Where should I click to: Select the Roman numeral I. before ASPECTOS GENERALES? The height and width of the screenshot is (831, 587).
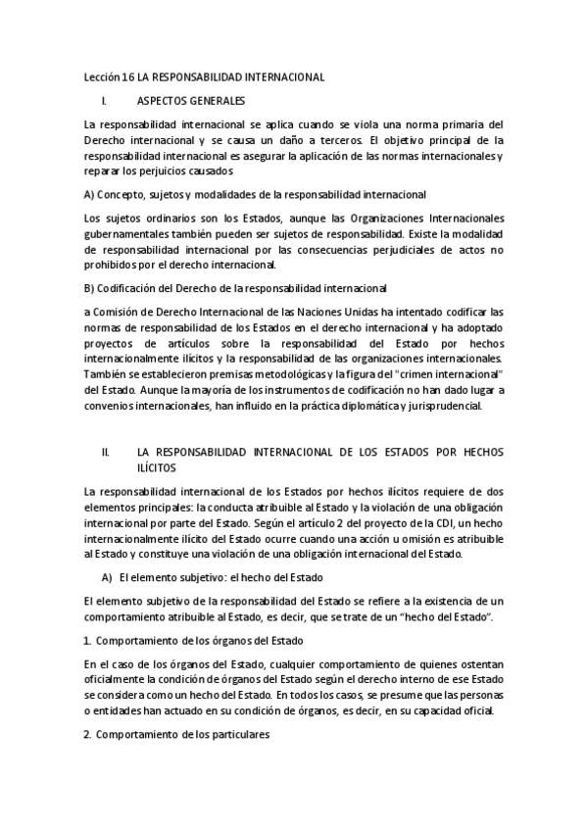click(x=105, y=100)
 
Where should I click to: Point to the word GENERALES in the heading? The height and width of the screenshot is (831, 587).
click(x=214, y=100)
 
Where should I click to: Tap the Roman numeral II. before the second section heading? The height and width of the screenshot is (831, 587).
click(x=106, y=454)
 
